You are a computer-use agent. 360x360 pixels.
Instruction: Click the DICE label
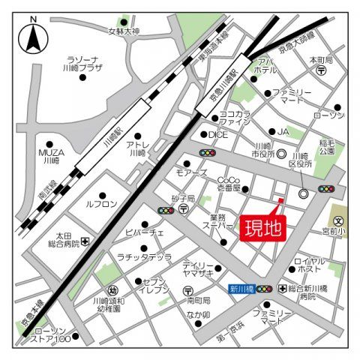(217, 135)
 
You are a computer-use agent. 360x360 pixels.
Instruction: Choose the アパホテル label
(265, 66)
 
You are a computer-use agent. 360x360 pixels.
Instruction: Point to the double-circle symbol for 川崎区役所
(304, 193)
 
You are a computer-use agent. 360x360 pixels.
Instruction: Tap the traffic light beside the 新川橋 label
(265, 289)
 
